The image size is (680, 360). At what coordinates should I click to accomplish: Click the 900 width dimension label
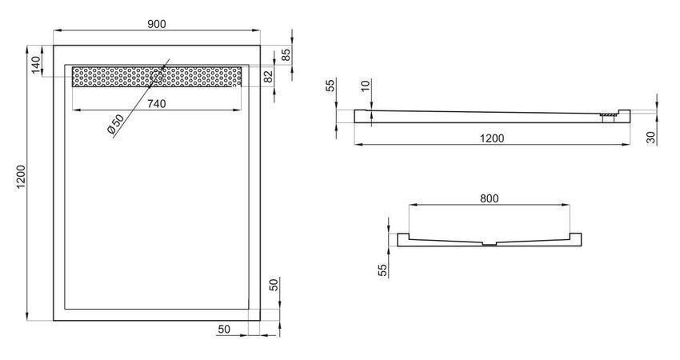coord(157,24)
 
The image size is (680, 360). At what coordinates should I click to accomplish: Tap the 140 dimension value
coord(36,65)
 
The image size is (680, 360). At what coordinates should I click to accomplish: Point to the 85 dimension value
coord(286,54)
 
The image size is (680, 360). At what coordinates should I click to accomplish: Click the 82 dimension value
coord(269,77)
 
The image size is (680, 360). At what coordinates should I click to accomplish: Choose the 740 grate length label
coord(157,104)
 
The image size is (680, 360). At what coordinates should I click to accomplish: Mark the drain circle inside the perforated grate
coord(157,77)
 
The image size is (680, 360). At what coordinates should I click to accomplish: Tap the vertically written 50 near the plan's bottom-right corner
coord(274,285)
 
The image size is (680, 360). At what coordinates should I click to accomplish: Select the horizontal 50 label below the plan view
coord(224,330)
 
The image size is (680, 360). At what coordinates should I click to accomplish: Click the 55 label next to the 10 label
coord(332,85)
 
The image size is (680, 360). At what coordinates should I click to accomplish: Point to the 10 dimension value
coord(366,85)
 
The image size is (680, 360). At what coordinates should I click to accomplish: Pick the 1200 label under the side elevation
coord(492,138)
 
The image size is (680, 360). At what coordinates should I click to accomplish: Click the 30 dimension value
coord(651,138)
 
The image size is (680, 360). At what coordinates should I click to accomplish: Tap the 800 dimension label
coord(489,198)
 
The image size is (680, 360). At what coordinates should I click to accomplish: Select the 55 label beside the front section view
coord(382,270)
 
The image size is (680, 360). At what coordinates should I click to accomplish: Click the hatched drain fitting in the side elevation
coord(608,115)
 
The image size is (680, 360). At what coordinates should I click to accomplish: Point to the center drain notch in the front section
coord(489,244)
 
